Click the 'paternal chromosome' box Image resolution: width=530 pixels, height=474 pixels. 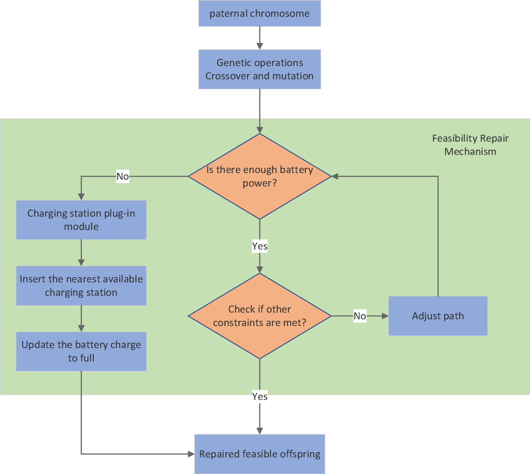[x=259, y=13]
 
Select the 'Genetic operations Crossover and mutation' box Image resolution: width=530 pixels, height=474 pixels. [x=259, y=69]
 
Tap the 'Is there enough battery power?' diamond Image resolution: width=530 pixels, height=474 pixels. [x=259, y=176]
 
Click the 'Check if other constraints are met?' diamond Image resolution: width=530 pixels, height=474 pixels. [x=259, y=316]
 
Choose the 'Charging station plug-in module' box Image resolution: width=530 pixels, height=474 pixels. [x=81, y=220]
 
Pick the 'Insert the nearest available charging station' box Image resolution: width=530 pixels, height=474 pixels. [x=81, y=286]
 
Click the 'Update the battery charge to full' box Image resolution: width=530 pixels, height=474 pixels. [x=81, y=351]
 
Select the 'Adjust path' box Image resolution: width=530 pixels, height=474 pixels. [x=438, y=316]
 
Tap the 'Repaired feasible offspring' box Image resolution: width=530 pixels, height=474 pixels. [x=259, y=454]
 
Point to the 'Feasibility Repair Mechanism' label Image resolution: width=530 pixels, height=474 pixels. [x=470, y=145]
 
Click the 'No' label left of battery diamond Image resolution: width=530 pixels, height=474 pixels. [x=123, y=176]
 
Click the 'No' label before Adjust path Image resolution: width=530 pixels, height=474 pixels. [x=360, y=316]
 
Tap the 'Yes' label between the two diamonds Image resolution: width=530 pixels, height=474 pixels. [x=259, y=246]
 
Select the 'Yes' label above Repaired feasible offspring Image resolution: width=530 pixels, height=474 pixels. [x=259, y=396]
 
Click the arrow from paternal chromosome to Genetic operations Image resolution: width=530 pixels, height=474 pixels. [x=259, y=38]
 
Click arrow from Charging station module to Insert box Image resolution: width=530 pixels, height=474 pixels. [x=81, y=253]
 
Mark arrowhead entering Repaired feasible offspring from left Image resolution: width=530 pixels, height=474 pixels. [x=191, y=454]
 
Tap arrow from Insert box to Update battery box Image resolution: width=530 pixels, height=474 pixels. [x=81, y=318]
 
